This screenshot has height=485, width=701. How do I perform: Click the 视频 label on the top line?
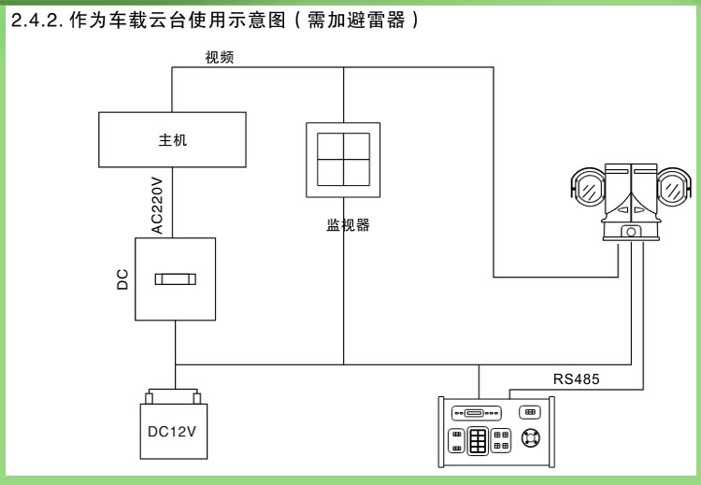[220, 57]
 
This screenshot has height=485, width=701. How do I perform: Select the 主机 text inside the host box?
[173, 139]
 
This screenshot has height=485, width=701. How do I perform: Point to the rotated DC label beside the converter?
[122, 279]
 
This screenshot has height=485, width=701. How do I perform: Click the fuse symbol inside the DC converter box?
[175, 278]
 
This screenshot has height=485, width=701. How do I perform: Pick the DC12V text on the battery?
[174, 433]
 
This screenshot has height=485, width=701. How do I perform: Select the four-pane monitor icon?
[343, 159]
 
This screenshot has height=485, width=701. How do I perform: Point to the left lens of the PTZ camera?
[589, 190]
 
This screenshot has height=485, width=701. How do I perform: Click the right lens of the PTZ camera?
[674, 190]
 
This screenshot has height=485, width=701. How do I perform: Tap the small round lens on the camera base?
[632, 231]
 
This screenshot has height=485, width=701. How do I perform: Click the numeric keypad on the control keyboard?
[479, 440]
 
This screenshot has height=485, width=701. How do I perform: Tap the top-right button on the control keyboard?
[529, 412]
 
